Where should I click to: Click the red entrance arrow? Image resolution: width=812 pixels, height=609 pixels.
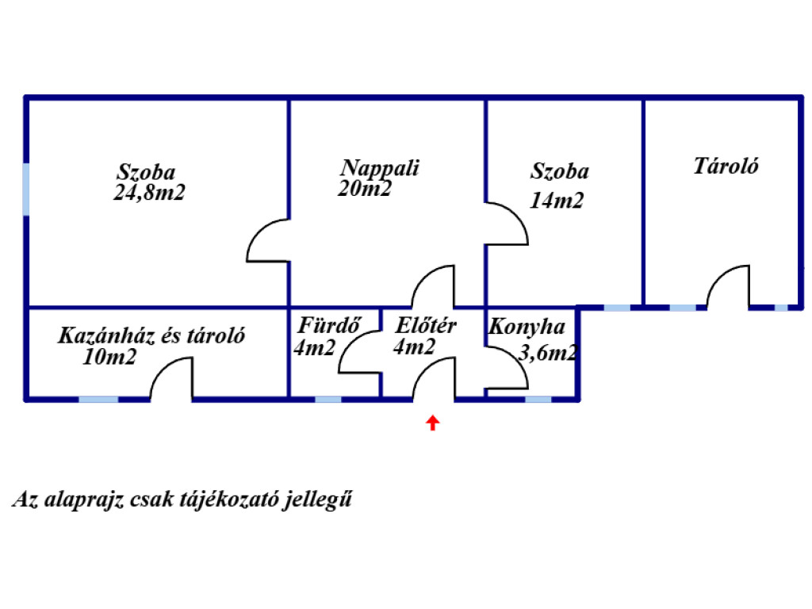(x=433, y=423)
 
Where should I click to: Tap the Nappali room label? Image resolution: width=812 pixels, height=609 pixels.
(x=380, y=169)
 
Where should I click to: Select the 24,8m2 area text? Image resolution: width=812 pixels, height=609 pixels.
(x=149, y=193)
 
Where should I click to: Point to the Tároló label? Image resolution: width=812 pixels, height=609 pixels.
(x=726, y=167)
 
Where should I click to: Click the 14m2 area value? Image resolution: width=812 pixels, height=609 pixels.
(x=557, y=201)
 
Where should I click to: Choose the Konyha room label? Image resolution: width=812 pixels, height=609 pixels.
(x=527, y=327)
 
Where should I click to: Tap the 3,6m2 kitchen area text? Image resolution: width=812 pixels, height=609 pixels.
(x=547, y=353)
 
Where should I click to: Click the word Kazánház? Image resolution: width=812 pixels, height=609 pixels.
(x=105, y=335)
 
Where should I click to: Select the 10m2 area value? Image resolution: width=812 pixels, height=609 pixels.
(x=109, y=357)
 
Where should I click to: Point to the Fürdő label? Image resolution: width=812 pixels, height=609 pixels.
(x=329, y=325)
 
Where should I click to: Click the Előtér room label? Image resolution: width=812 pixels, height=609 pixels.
(x=426, y=326)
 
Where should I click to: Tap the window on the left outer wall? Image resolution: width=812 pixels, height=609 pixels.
(x=26, y=189)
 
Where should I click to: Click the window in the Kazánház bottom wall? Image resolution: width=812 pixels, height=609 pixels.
(x=98, y=400)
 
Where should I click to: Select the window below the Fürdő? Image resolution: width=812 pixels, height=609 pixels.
(x=328, y=400)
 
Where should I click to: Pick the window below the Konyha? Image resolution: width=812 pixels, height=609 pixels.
(x=538, y=400)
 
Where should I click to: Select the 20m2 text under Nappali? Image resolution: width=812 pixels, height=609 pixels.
(x=365, y=189)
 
